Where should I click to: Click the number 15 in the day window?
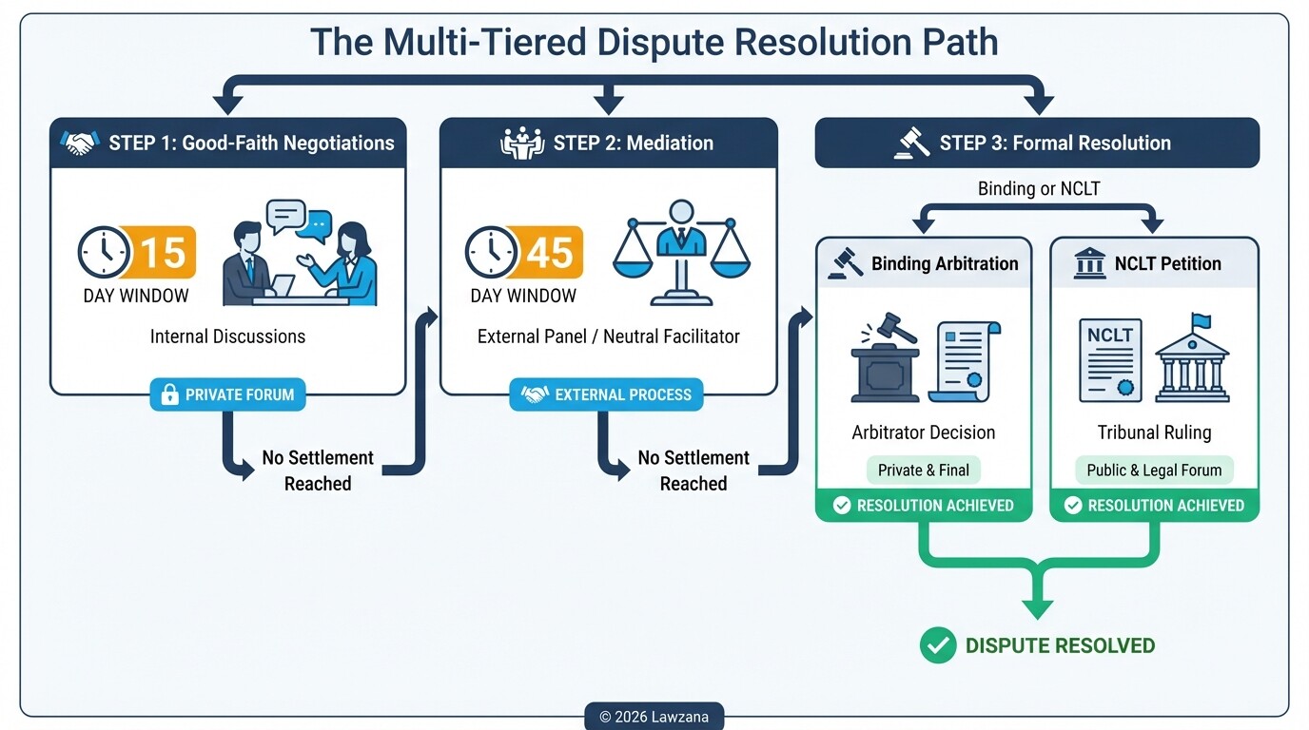coord(163,253)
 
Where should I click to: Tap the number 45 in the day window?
coord(549,253)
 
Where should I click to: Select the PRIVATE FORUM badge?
coord(227,394)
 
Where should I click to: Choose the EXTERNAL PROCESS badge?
coord(606,394)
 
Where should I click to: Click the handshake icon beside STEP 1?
coord(80,144)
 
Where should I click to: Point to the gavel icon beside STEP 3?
coord(911,144)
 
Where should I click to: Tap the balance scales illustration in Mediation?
coord(681,251)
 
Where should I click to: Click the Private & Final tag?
coord(923,470)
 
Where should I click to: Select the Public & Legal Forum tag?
coord(1154,470)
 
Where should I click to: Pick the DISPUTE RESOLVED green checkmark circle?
coord(938,645)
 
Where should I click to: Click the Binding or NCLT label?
coord(1038,189)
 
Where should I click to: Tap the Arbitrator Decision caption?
coord(923,432)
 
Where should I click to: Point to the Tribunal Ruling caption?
coord(1154,432)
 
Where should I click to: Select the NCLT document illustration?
coord(1110,360)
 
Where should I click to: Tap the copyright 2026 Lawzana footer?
coord(654,717)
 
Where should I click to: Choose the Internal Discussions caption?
coord(227,336)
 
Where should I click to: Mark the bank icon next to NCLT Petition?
coord(1089,263)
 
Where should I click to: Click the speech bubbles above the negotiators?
coord(299,220)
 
